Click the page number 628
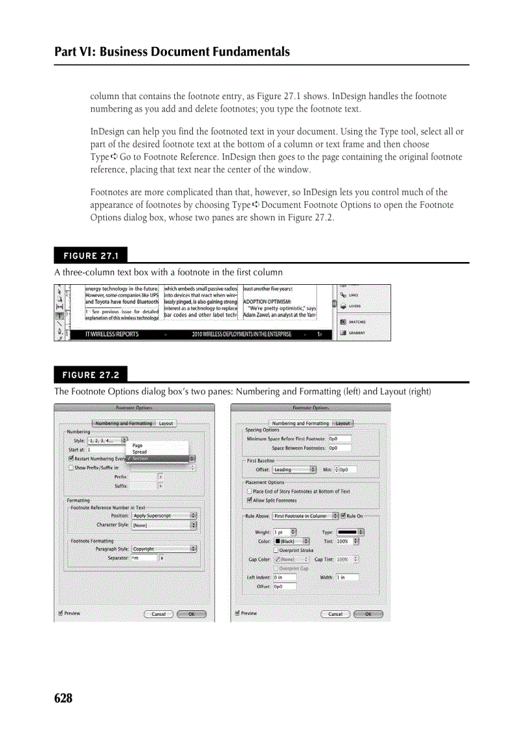point(63,699)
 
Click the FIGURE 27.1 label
point(91,255)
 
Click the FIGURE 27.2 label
point(91,374)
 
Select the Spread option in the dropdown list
point(140,452)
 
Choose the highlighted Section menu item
point(140,458)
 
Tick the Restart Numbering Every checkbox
point(71,458)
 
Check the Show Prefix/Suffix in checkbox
point(71,467)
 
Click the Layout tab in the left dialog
point(166,423)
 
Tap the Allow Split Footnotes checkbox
point(249,500)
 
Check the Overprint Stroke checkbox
point(276,550)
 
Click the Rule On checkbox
point(343,516)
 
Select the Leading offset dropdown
point(294,469)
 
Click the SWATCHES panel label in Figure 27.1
point(356,322)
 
